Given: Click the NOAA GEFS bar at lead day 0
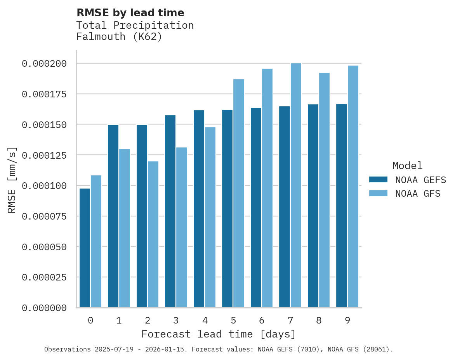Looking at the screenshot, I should pyautogui.click(x=85, y=248).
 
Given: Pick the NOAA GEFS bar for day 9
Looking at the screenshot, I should pyautogui.click(x=342, y=206).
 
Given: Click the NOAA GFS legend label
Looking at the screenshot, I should pyautogui.click(x=418, y=194).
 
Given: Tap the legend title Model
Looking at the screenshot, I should pyautogui.click(x=407, y=166).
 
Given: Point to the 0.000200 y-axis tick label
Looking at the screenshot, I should pyautogui.click(x=44, y=64).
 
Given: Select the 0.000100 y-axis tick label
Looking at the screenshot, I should pyautogui.click(x=44, y=186).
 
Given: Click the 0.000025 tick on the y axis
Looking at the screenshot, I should pyautogui.click(x=44, y=277).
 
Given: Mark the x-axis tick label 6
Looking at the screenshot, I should pyautogui.click(x=262, y=320).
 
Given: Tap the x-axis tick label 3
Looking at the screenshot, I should pyautogui.click(x=176, y=320).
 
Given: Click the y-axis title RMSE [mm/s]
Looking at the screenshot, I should pyautogui.click(x=12, y=180).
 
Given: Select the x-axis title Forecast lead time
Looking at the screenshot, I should pyautogui.click(x=219, y=334).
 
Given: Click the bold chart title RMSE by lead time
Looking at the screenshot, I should pyautogui.click(x=130, y=13).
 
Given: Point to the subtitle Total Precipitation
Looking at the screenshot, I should pyautogui.click(x=135, y=25).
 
